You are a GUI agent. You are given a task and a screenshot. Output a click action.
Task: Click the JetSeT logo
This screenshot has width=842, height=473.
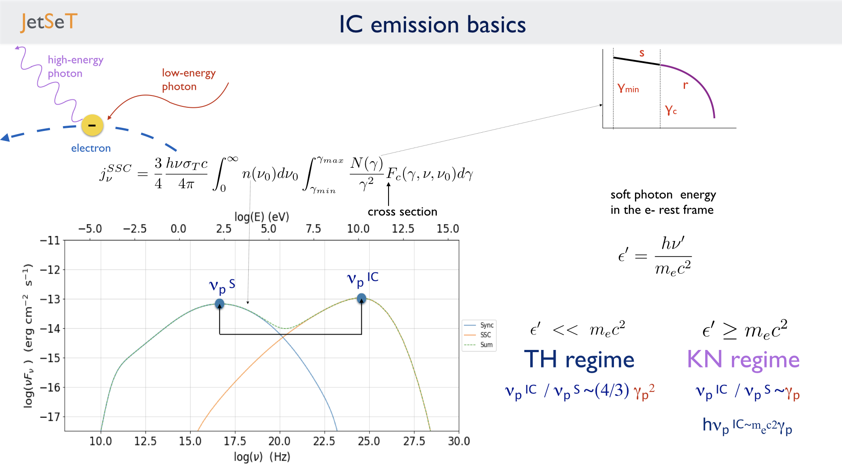49,22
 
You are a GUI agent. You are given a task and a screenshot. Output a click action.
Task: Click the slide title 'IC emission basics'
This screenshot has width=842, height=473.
432,25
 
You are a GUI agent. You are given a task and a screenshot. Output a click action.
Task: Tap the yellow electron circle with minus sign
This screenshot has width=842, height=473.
92,125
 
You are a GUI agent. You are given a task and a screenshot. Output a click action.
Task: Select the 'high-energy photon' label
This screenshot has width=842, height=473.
75,67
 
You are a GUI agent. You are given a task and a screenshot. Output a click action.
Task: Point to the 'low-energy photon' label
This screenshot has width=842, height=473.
189,80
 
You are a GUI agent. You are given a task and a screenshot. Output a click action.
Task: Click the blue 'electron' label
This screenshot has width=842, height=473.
91,148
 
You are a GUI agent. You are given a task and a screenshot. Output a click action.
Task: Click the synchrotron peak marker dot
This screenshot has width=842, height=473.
220,304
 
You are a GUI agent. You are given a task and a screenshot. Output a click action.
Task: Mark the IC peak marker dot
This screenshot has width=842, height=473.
361,299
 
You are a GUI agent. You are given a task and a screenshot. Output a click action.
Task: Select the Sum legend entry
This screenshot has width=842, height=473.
478,345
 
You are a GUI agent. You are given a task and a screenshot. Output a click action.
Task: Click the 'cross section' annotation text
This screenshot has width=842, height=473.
403,212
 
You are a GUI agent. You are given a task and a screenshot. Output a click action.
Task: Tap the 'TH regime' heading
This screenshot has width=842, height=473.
579,360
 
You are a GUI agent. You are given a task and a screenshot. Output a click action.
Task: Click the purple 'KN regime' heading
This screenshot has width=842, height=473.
743,360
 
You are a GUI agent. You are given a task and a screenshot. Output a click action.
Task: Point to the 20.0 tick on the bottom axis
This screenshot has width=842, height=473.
279,441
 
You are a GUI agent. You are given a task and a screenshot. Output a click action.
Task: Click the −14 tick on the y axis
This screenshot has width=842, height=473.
50,328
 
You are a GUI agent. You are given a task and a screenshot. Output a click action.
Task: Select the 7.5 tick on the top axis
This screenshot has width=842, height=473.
313,229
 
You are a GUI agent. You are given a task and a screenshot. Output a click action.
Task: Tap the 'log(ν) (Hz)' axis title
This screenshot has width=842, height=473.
262,457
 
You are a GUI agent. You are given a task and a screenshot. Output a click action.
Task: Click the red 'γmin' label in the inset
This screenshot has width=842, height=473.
628,88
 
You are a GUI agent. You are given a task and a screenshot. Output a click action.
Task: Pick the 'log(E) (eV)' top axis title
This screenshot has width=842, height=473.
262,217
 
